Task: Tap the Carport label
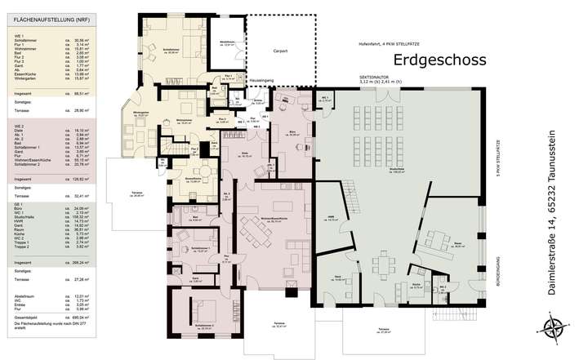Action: coord(280,50)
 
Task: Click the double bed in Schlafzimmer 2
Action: coord(203,312)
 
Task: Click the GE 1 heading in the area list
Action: coord(16,202)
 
